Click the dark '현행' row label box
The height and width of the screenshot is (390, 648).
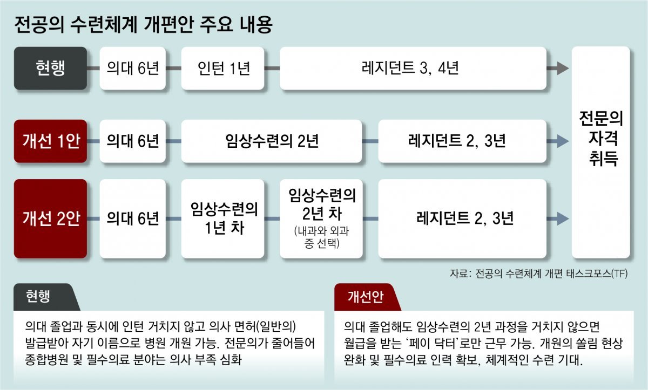point(50,69)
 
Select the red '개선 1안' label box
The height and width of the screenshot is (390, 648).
point(50,141)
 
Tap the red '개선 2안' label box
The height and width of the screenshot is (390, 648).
point(50,218)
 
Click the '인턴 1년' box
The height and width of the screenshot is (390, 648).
point(222,69)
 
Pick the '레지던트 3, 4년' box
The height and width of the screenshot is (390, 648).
point(412,69)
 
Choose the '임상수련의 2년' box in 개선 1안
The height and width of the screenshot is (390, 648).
point(271,141)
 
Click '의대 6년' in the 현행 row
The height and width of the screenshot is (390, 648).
point(132,69)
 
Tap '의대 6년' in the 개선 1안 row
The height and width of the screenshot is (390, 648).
point(132,141)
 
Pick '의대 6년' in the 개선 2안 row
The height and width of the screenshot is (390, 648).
point(132,218)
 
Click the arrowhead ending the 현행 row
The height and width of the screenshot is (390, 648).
point(562,69)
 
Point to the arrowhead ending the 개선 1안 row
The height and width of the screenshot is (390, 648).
point(562,142)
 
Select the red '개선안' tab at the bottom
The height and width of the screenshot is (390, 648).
point(365,297)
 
